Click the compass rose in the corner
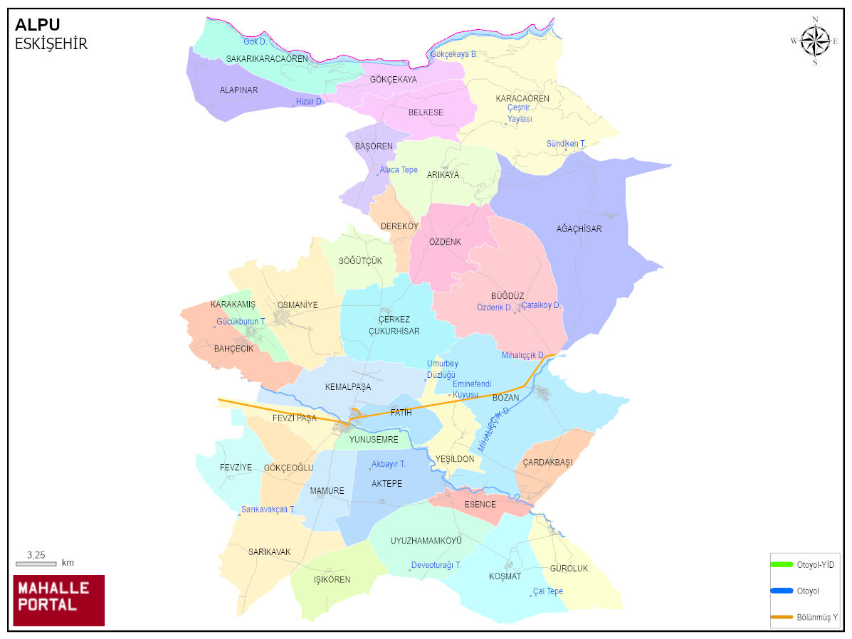[815, 41]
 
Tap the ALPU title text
[37, 26]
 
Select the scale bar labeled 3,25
[36, 563]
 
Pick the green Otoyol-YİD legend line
[782, 564]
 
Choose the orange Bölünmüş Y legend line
[782, 616]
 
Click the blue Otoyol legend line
[782, 591]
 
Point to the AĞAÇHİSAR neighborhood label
[579, 229]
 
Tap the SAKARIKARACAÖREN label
[267, 59]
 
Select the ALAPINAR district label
[238, 90]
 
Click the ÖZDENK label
[445, 242]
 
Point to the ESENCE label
[480, 505]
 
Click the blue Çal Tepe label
[547, 591]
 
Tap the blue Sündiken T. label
[566, 144]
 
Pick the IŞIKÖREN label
[332, 579]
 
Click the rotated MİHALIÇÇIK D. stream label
[494, 430]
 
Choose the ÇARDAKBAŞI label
[547, 462]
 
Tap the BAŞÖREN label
[374, 147]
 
